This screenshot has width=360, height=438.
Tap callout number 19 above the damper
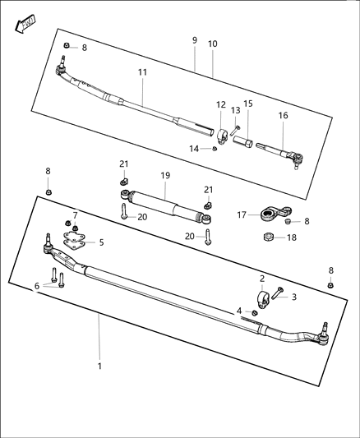165,175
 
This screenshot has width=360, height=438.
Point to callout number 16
283,116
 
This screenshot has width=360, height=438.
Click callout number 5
101,242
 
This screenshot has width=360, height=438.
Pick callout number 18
292,237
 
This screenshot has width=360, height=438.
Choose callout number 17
242,215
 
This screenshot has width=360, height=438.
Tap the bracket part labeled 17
267,215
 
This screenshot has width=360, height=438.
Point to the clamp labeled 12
220,131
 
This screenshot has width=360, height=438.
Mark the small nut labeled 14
215,149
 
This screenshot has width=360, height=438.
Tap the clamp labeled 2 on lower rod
261,298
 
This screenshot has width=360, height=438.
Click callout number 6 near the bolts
35,285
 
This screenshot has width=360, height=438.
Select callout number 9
194,40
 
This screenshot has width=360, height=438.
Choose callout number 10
212,44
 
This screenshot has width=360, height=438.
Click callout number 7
76,215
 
